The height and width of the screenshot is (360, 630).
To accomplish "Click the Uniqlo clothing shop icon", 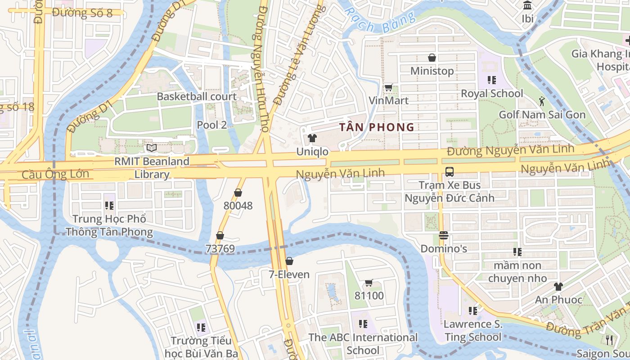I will point(312,138).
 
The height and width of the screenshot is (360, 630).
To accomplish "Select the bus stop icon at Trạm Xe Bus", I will point(449,171).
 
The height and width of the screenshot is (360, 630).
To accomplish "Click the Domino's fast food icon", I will point(444,235).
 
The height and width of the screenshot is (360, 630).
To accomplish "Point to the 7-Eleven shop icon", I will point(289,261).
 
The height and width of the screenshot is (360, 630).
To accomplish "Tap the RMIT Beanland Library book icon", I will point(152,148).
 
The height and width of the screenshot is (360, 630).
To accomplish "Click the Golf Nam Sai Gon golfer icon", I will point(542,101).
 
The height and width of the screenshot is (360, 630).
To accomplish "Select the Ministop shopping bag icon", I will point(432,58).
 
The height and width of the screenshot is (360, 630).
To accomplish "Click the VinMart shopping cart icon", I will point(388,87).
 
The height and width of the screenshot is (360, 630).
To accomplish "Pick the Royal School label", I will point(492,94).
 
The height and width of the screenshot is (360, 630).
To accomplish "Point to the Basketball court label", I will point(197,97).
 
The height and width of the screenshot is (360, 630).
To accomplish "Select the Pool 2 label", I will point(212,125).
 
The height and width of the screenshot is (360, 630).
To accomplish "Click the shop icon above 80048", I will point(238,193).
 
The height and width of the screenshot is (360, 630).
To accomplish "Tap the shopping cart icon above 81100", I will point(369,283).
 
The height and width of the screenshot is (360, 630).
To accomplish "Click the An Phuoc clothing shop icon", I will point(558,286).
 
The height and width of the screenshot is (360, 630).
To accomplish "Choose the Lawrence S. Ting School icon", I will point(472,310).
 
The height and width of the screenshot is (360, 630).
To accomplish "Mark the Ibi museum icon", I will point(527,5).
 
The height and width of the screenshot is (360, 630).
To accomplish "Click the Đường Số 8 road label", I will point(82,13).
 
